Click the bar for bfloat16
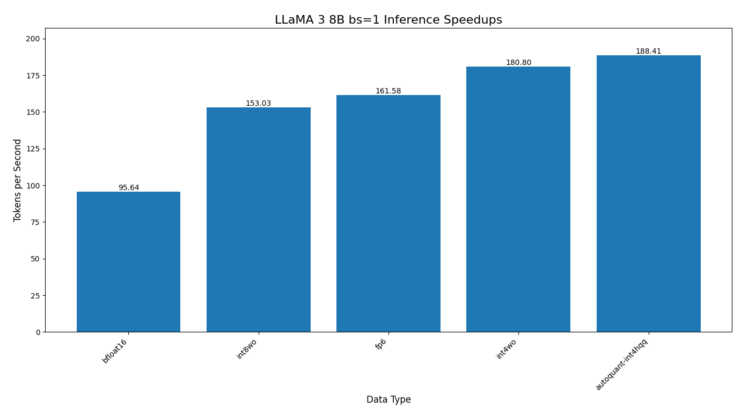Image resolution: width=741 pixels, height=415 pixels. pyautogui.click(x=129, y=261)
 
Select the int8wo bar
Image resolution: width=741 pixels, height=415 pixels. pyautogui.click(x=259, y=220)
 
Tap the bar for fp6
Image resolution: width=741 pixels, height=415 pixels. pyautogui.click(x=388, y=213)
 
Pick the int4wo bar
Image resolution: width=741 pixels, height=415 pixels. pyautogui.click(x=518, y=199)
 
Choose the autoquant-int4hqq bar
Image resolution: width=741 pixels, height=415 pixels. pyautogui.click(x=648, y=193)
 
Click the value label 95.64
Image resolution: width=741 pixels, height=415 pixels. pyautogui.click(x=129, y=188)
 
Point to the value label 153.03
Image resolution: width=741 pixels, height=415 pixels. pyautogui.click(x=259, y=104)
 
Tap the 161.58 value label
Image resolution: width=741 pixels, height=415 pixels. pyautogui.click(x=388, y=91)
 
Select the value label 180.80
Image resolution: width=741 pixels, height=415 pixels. pyautogui.click(x=518, y=63)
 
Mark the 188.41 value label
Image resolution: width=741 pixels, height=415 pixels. pyautogui.click(x=648, y=52)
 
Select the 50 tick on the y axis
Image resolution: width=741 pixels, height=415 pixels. pyautogui.click(x=35, y=259)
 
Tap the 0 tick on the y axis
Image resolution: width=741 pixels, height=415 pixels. pyautogui.click(x=38, y=332)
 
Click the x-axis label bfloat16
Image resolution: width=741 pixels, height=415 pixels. pyautogui.click(x=115, y=351)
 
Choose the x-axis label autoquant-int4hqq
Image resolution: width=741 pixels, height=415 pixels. pyautogui.click(x=621, y=365)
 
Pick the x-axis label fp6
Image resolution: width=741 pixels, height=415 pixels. pyautogui.click(x=381, y=344)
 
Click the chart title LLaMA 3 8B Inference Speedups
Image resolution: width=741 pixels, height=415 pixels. pyautogui.click(x=388, y=20)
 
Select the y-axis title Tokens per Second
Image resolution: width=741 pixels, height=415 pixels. pyautogui.click(x=18, y=180)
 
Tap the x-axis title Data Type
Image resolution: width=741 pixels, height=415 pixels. pyautogui.click(x=388, y=400)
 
